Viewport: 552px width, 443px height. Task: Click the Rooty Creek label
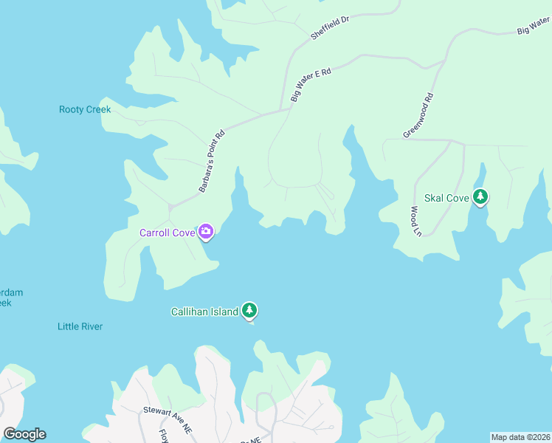pyautogui.click(x=85, y=110)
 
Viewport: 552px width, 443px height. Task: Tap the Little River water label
pyautogui.click(x=80, y=326)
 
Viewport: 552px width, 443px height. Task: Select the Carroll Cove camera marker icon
pyautogui.click(x=206, y=233)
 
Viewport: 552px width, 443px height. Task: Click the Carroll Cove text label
pyautogui.click(x=168, y=233)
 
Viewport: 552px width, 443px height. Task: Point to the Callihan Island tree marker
pyautogui.click(x=250, y=311)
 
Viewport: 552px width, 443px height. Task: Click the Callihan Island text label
pyautogui.click(x=205, y=312)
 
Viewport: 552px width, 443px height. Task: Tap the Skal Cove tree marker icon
pyautogui.click(x=481, y=197)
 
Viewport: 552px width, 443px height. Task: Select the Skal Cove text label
pyautogui.click(x=446, y=198)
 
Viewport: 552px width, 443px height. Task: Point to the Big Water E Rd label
pyautogui.click(x=311, y=85)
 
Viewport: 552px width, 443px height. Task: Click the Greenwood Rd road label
pyautogui.click(x=418, y=115)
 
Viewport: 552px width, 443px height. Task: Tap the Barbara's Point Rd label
pyautogui.click(x=211, y=162)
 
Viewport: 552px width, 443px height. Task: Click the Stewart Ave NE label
pyautogui.click(x=168, y=409)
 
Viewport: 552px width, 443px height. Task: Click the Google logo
pyautogui.click(x=24, y=434)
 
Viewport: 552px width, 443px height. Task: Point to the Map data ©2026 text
pyautogui.click(x=520, y=437)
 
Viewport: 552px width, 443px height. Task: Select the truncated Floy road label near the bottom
pyautogui.click(x=163, y=433)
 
